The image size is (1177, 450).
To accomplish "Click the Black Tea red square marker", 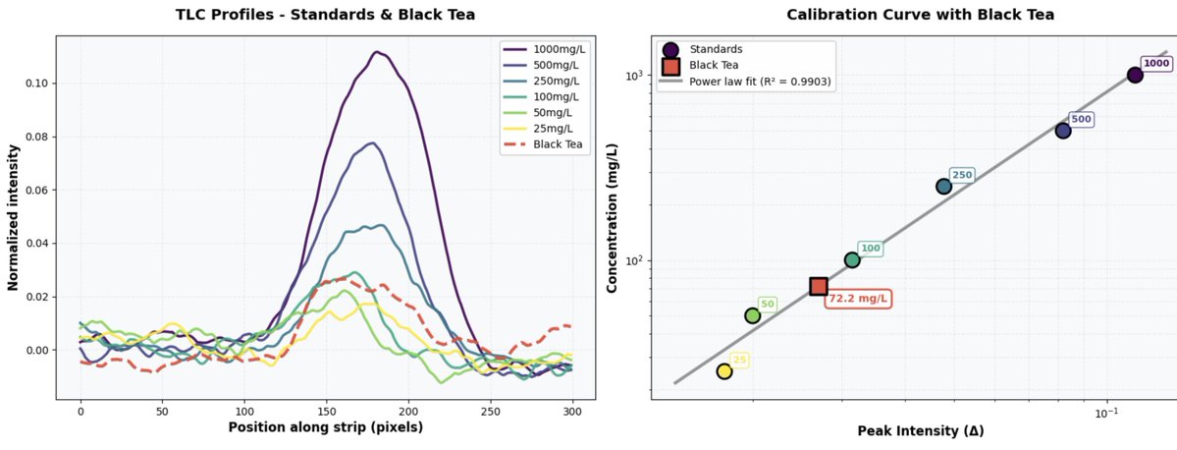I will pos(819,286).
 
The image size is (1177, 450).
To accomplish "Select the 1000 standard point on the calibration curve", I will pos(1135,75).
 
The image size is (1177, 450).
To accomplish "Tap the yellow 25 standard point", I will pos(724,371).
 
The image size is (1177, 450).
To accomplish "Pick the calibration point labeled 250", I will pos(943,187).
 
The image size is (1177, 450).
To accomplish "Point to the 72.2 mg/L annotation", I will pos(858,298).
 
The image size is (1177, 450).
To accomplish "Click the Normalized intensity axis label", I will pos(14,216).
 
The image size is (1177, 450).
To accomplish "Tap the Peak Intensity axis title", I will pos(921,430).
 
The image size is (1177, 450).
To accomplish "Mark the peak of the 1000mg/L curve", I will pos(376,52).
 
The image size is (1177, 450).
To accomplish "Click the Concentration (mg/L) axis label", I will pos(611,216).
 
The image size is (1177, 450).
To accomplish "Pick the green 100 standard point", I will pos(852,260).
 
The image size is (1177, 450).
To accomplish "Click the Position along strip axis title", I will pos(325,427).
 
